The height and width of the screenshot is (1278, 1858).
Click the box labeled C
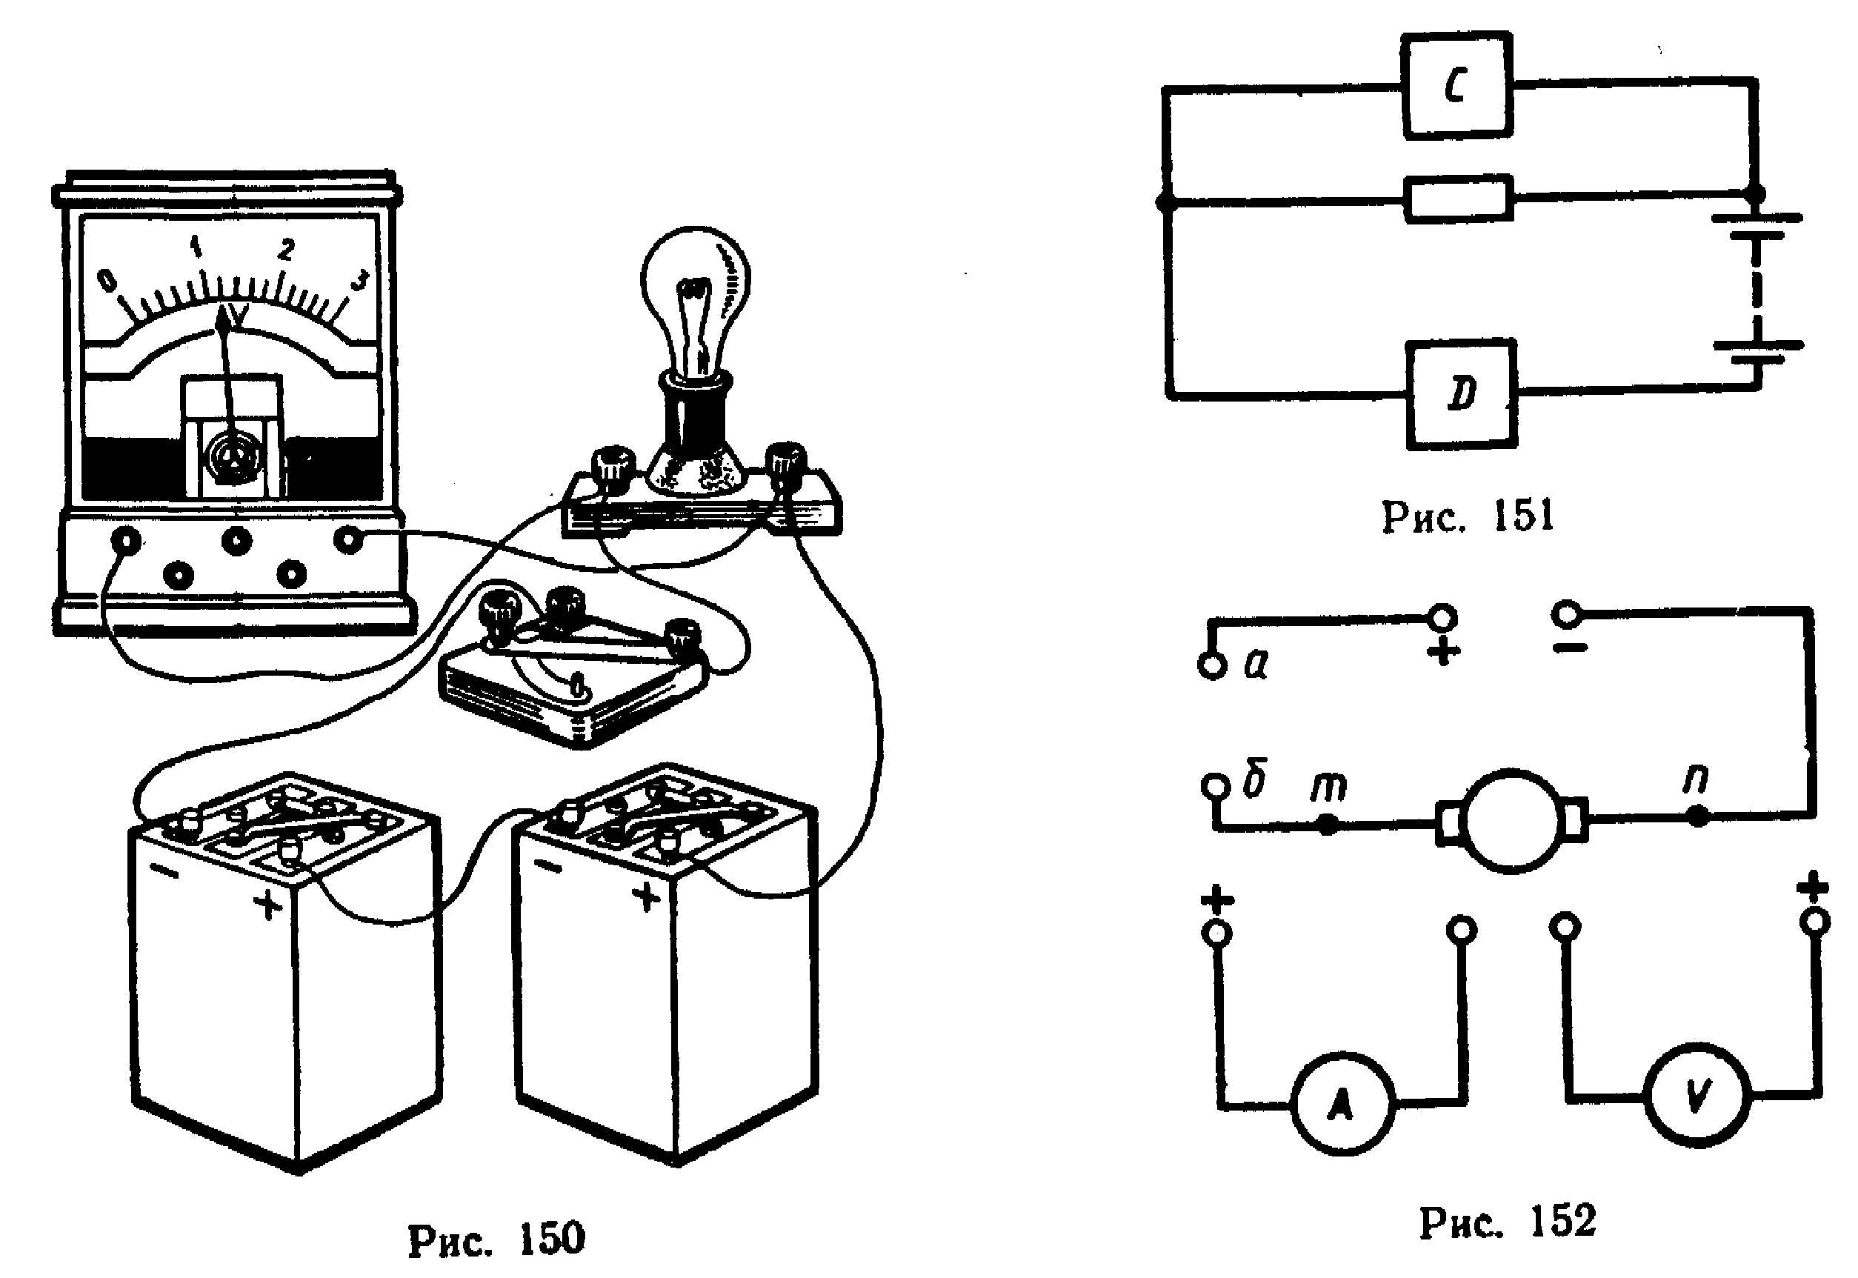point(1456,85)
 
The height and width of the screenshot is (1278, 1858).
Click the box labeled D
point(1461,394)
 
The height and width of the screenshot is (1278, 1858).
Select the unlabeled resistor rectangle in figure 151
point(1458,198)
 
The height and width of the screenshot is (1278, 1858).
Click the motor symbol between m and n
point(1511,822)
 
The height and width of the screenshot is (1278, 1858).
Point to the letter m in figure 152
point(1328,785)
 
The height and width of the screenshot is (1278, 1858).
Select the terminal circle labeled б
point(1214,785)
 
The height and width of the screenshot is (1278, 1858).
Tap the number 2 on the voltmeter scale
point(285,250)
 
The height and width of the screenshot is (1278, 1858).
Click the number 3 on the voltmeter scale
point(360,281)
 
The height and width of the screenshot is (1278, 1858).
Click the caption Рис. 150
point(496,1239)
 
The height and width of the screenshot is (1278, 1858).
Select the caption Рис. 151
point(1468,516)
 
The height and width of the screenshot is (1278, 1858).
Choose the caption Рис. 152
point(1508,1222)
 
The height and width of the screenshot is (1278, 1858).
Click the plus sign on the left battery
point(267,905)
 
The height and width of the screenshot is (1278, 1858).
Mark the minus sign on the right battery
point(547,866)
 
